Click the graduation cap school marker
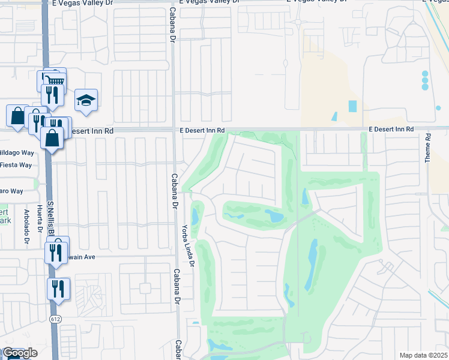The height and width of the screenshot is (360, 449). tap(86, 100)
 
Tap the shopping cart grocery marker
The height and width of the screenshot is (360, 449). tap(53, 81)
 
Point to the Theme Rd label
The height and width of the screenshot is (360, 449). tap(428, 148)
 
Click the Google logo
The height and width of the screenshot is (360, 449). tap(19, 353)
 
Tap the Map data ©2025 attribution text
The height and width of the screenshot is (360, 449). tap(423, 355)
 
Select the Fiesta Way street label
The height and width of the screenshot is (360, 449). tap(16, 164)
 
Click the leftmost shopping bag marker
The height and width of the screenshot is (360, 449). tap(17, 115)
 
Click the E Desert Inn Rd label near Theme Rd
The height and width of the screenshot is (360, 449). tap(391, 129)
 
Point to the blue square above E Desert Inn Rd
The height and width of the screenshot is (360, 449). tap(352, 106)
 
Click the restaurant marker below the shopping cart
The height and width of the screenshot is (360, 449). tap(52, 94)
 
